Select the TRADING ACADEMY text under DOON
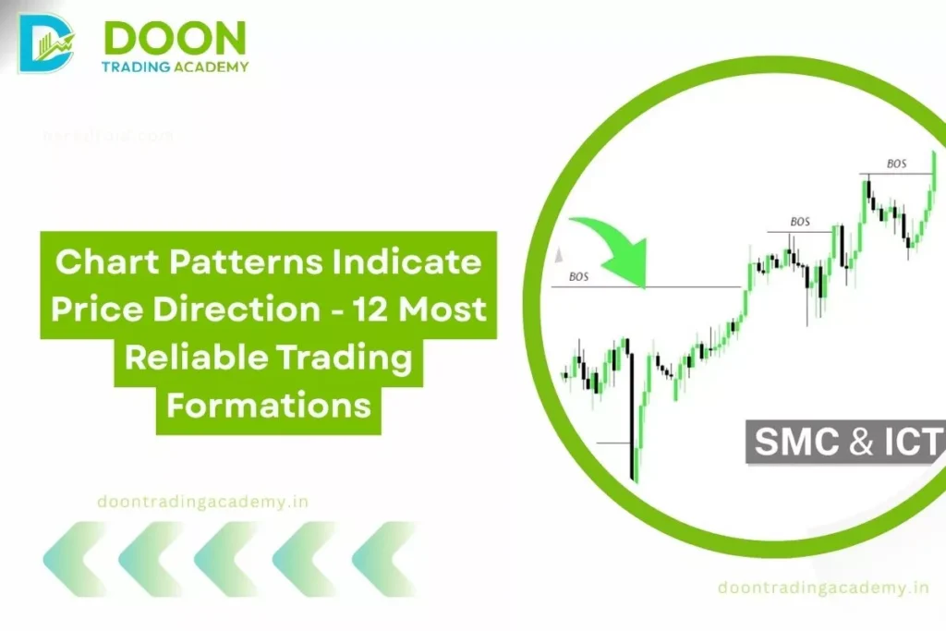click(176, 67)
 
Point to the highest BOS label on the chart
click(896, 164)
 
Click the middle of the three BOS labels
click(800, 222)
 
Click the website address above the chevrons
click(202, 502)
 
